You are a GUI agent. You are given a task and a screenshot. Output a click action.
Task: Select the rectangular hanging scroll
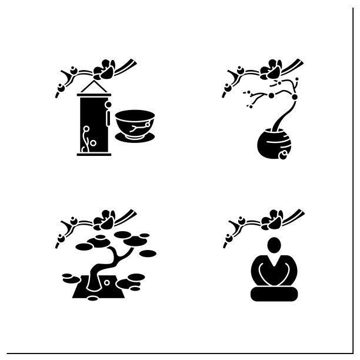(94, 126)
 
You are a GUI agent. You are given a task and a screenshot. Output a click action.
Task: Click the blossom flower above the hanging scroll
(106, 69)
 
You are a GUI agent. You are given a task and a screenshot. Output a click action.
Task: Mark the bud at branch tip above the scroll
(59, 90)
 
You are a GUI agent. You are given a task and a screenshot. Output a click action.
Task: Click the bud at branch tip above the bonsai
(59, 239)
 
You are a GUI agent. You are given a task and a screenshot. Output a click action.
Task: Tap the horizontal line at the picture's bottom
(180, 352)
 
